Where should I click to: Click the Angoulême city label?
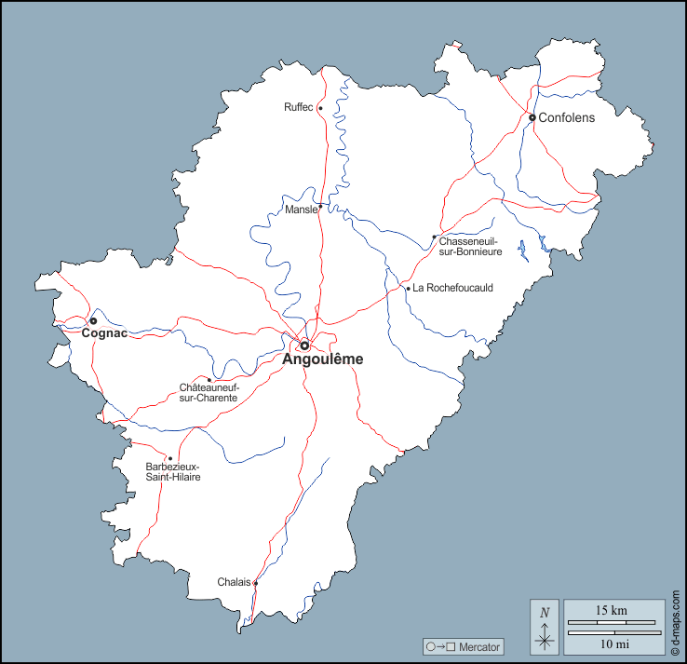[323, 359]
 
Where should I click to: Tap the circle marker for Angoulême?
[304, 346]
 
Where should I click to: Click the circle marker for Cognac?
[93, 321]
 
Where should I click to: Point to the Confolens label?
[566, 118]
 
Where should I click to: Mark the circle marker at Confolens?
[532, 117]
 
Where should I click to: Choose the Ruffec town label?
[299, 108]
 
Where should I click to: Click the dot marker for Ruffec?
[320, 108]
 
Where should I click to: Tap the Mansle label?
[301, 210]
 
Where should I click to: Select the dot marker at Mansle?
[320, 206]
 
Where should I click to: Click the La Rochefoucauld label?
[452, 289]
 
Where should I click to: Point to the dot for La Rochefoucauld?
[408, 289]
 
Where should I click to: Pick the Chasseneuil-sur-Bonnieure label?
[470, 247]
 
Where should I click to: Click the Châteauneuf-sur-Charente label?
[209, 392]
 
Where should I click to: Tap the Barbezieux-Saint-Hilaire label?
[173, 471]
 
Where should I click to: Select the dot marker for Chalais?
[255, 583]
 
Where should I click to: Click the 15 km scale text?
[612, 610]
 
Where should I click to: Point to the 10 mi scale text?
[612, 644]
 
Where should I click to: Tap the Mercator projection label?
[464, 646]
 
